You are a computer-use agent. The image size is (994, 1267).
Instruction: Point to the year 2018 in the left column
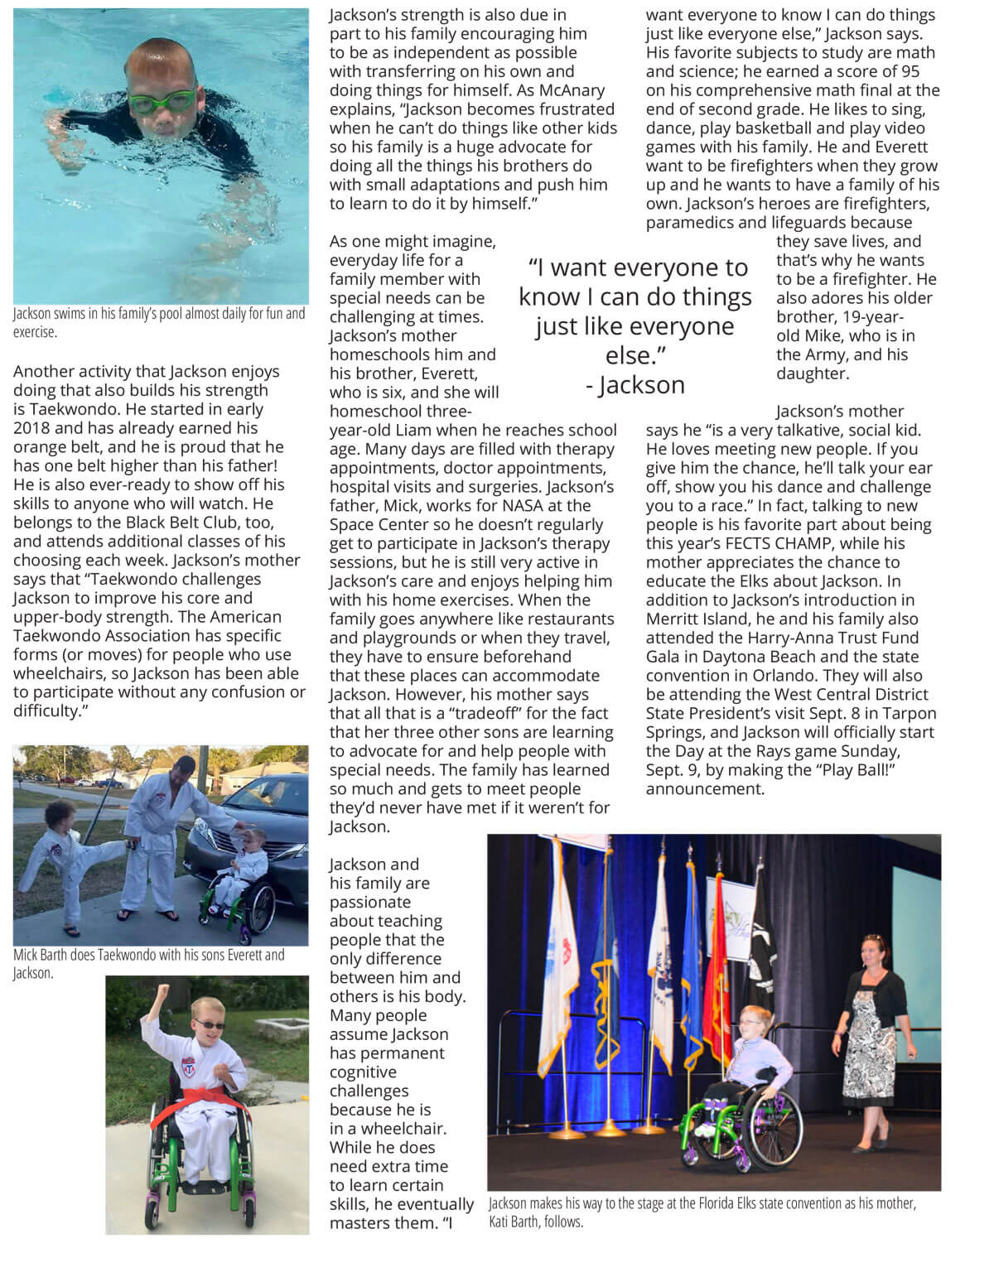tap(32, 428)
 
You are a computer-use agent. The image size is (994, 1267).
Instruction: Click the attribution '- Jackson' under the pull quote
tap(635, 385)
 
